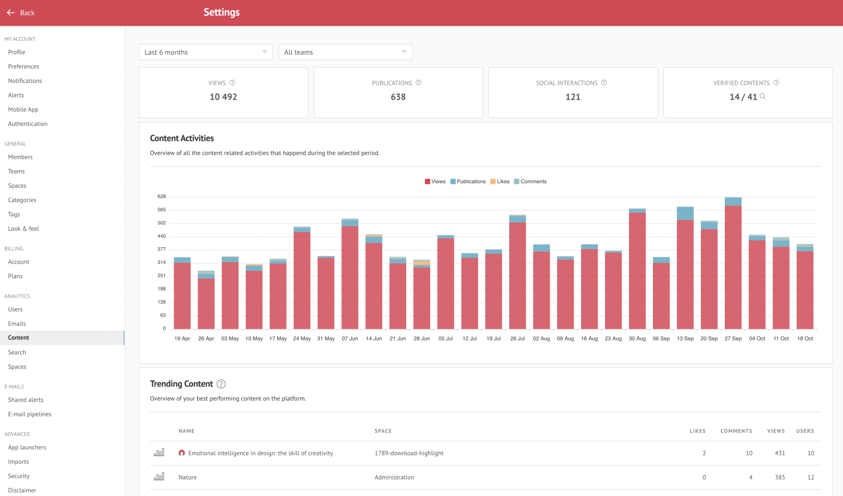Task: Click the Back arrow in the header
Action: [x=11, y=13]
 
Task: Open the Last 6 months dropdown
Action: [x=206, y=52]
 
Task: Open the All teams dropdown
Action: [x=345, y=52]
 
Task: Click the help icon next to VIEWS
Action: [x=232, y=83]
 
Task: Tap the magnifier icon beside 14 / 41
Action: [x=762, y=96]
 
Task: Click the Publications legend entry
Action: [x=468, y=182]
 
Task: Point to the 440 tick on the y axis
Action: [x=161, y=236]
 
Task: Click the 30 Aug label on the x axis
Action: [x=637, y=339]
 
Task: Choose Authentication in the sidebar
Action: [x=28, y=124]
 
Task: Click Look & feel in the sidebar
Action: [x=23, y=229]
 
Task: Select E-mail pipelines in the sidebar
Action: [x=30, y=414]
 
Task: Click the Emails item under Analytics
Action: [x=17, y=324]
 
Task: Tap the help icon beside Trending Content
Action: [x=221, y=384]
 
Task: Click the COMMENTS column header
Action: [x=736, y=431]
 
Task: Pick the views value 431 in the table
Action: [x=780, y=453]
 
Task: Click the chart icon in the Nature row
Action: [x=159, y=477]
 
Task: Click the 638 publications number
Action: [x=398, y=97]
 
